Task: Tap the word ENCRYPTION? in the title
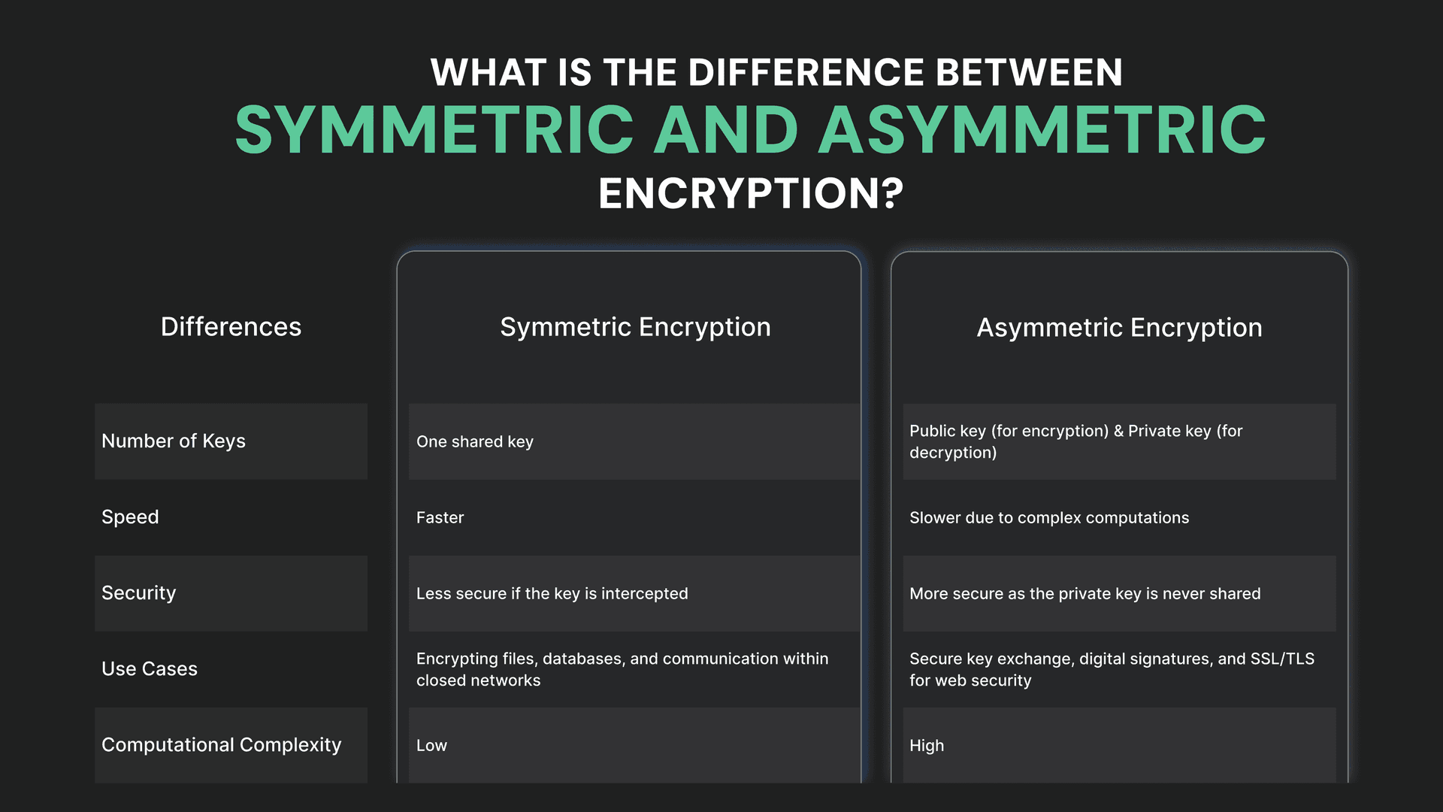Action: coord(751,193)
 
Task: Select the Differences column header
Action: coord(231,327)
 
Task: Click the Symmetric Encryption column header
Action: coord(635,328)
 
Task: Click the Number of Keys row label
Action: coord(174,441)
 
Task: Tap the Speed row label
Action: coord(130,517)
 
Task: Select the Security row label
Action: coord(139,593)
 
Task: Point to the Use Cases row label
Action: coord(150,669)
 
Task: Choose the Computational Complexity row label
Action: coord(222,745)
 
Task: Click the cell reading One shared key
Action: coord(475,442)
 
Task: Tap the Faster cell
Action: coord(440,518)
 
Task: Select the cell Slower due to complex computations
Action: coord(1049,518)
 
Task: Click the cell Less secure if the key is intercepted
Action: coord(552,594)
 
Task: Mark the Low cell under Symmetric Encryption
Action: coord(432,746)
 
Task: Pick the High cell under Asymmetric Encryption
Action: coord(927,746)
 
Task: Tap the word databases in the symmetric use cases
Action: coord(583,659)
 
